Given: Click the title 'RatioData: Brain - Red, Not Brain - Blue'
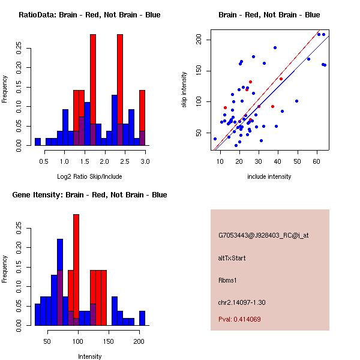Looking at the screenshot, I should tap(89, 15).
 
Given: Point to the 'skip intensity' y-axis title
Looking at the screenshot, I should tap(185, 90).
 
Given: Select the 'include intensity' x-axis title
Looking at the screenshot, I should tap(269, 176).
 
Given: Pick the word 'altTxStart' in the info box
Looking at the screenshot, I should tap(232, 258).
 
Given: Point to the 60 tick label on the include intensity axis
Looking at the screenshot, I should tap(317, 159).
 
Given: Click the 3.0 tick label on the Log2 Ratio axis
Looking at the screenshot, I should tap(145, 161).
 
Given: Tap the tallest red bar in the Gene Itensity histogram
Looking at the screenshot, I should tap(76, 264).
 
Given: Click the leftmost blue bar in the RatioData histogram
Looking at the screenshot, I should tap(38, 142).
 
